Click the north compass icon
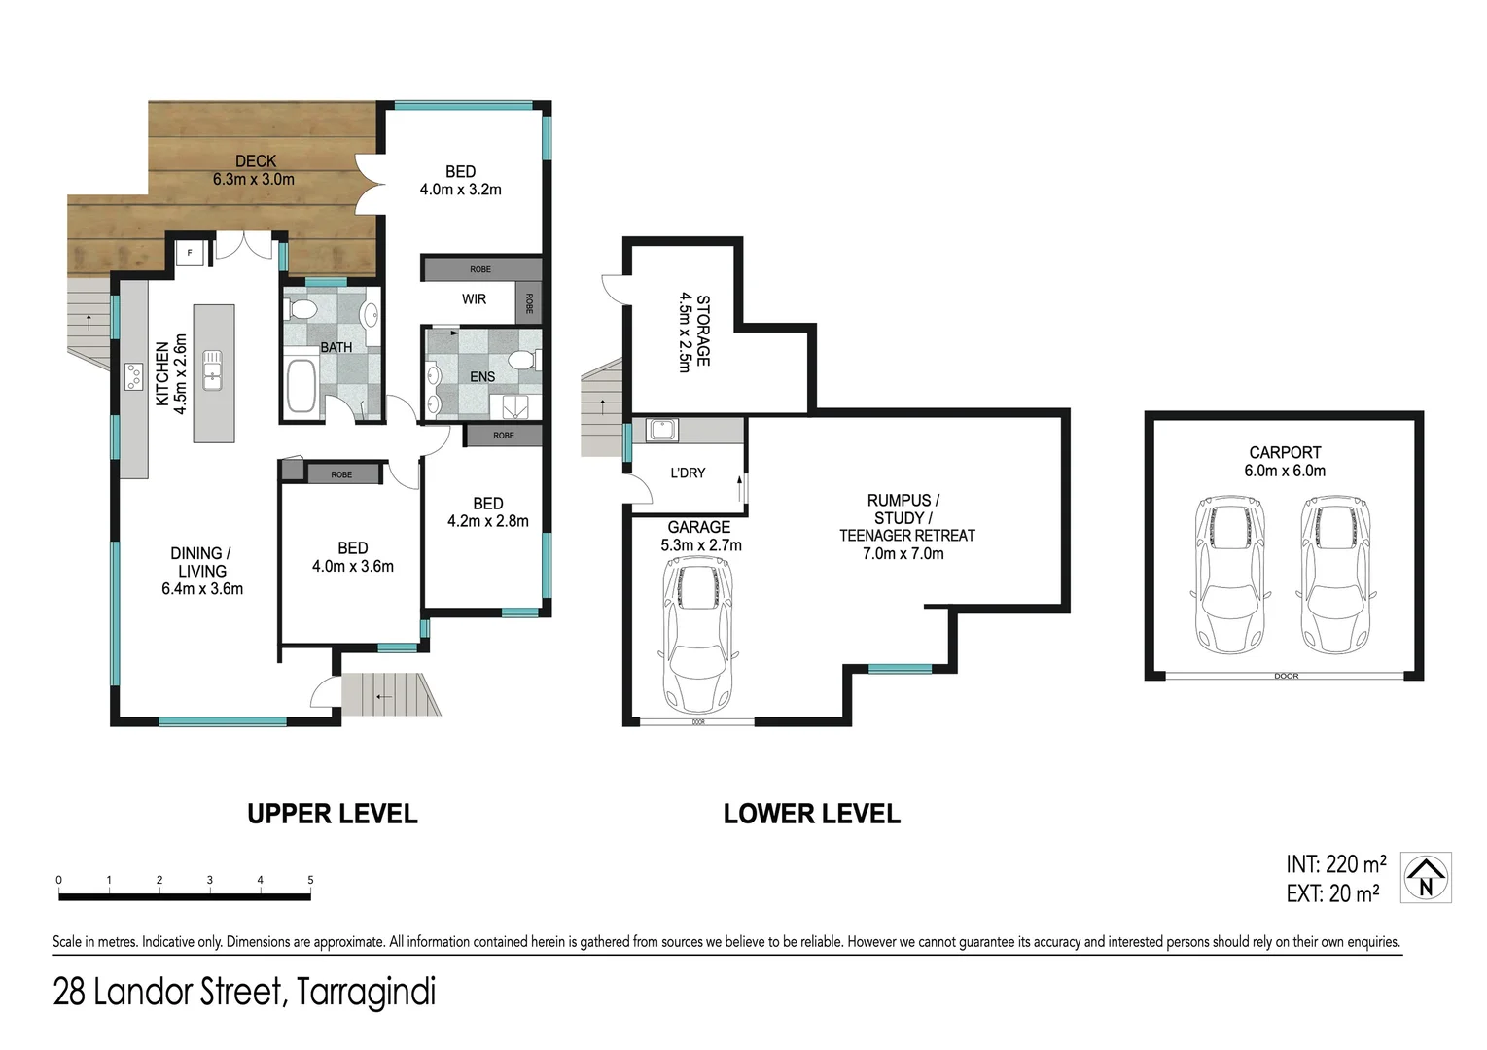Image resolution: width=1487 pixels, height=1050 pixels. click(x=1426, y=878)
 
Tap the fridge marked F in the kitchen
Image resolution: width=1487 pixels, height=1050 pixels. click(x=190, y=253)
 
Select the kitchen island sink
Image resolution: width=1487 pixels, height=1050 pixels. click(x=212, y=370)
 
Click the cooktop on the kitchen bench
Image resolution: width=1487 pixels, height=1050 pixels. click(x=133, y=375)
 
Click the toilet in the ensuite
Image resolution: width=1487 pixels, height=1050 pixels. click(x=525, y=360)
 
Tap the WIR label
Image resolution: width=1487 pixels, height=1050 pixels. click(x=474, y=299)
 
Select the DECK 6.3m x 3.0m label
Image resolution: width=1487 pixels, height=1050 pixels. click(x=255, y=170)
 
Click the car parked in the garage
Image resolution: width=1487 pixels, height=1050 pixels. click(x=697, y=638)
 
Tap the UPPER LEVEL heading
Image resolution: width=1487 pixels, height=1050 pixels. click(x=332, y=814)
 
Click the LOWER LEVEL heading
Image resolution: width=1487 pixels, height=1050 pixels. click(x=811, y=814)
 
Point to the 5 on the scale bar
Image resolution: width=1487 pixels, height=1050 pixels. click(x=310, y=880)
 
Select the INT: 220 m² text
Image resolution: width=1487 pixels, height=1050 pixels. click(x=1335, y=864)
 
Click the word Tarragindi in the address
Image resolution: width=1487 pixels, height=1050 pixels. click(x=366, y=993)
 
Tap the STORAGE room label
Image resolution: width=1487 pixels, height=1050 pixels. click(x=694, y=331)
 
